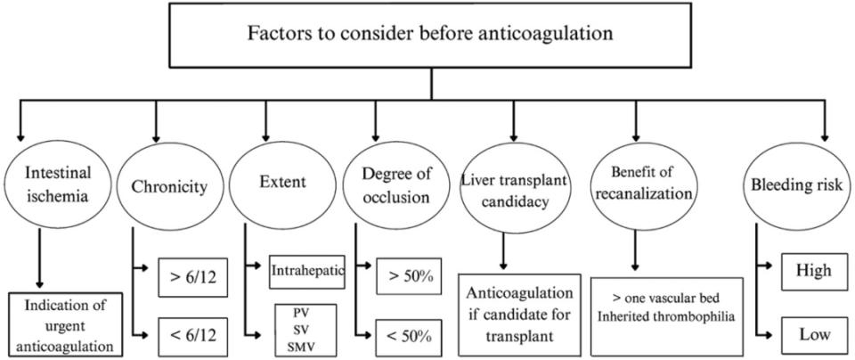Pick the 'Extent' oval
point(281,184)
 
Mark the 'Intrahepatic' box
point(306,270)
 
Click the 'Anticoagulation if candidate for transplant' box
point(519,313)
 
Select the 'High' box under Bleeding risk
point(814,270)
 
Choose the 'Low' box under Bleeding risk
point(814,333)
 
